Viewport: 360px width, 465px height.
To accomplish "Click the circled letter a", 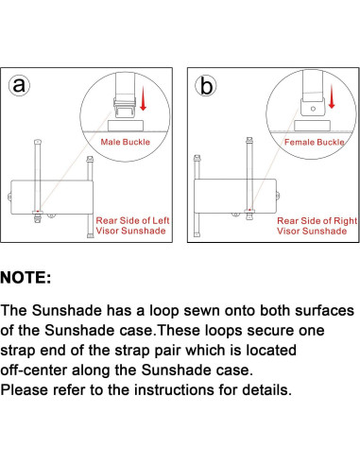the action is (x=19, y=85).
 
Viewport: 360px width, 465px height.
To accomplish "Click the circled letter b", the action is (x=206, y=86).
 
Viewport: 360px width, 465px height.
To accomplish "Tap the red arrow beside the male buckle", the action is (x=144, y=98).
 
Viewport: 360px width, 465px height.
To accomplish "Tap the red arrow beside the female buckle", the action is (x=332, y=96).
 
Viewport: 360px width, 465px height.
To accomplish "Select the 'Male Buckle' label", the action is (x=126, y=142).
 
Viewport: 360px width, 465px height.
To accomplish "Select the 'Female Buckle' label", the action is (x=315, y=142).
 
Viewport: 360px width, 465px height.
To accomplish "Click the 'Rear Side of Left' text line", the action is (x=132, y=220).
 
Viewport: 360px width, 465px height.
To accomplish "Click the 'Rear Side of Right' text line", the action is (x=317, y=220).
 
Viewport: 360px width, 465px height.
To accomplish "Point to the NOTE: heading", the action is (x=26, y=278).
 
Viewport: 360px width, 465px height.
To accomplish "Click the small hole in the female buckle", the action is (x=313, y=109).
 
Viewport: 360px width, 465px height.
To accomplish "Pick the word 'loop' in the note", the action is (x=164, y=311).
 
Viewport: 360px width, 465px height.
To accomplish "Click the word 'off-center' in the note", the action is (x=34, y=370).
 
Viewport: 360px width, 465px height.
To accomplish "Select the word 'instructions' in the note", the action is (x=174, y=390).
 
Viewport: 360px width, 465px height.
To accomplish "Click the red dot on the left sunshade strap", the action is (x=38, y=211).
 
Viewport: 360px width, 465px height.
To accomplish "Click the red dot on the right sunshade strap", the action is (x=249, y=210).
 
